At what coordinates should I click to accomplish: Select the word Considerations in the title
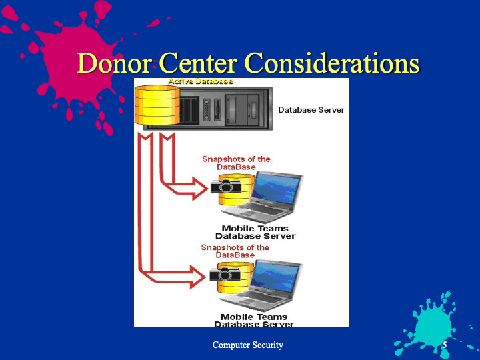click(x=331, y=63)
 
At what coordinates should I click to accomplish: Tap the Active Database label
click(x=200, y=81)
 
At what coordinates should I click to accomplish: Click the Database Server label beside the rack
click(x=311, y=109)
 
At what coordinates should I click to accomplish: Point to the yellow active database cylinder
click(x=157, y=105)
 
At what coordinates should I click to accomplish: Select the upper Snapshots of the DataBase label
click(x=236, y=163)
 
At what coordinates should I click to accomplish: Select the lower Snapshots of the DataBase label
click(x=235, y=251)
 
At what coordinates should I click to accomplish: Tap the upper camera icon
click(x=225, y=186)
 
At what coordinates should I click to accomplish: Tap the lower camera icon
click(x=224, y=274)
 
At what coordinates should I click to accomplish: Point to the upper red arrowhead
click(x=197, y=189)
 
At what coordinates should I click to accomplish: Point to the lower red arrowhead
click(x=196, y=276)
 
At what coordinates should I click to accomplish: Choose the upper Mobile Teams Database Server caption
click(x=255, y=232)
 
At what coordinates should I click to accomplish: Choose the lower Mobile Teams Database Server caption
click(x=254, y=321)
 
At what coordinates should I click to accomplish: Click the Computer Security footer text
click(x=247, y=345)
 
